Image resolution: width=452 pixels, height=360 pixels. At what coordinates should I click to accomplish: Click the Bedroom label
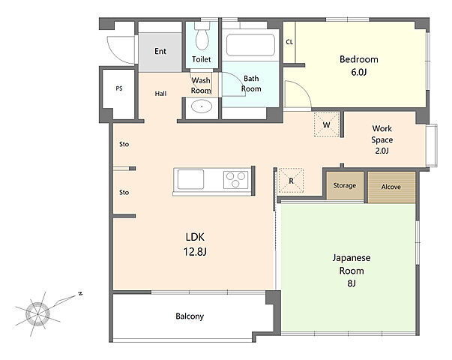coord(358,59)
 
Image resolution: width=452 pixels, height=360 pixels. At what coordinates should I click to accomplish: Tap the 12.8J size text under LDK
coord(195,252)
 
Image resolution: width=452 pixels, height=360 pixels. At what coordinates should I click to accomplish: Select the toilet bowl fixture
coord(202,36)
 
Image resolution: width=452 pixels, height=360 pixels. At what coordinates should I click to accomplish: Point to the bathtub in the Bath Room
coord(250,45)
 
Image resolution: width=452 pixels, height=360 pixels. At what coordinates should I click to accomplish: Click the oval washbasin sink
coord(202,106)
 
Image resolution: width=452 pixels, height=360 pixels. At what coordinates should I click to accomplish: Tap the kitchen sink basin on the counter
coord(190,179)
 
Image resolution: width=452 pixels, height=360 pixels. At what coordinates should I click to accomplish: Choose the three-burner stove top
coord(236,180)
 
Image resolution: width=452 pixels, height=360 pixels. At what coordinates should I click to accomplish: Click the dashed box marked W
coord(326,124)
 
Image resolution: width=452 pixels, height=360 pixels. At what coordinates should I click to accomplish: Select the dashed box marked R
coord(291,181)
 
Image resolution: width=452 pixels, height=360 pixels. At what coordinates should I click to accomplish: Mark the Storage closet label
coord(345,185)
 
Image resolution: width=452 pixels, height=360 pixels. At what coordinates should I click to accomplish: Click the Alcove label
coord(391,187)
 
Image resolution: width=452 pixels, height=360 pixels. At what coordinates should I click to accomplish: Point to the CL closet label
coord(289,42)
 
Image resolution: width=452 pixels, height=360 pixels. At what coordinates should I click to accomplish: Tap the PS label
coord(119,88)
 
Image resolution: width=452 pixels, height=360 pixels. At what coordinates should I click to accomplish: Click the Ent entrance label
coord(160,51)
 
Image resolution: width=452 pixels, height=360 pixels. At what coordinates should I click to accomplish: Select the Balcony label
coord(190,316)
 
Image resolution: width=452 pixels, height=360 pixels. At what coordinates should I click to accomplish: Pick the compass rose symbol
coord(37,313)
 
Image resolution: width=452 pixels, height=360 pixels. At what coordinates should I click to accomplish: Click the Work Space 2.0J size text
coord(382,151)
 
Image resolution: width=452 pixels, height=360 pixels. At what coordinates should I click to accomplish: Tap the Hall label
coord(160,94)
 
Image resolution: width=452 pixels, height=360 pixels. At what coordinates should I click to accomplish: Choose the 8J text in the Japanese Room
coord(352,283)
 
